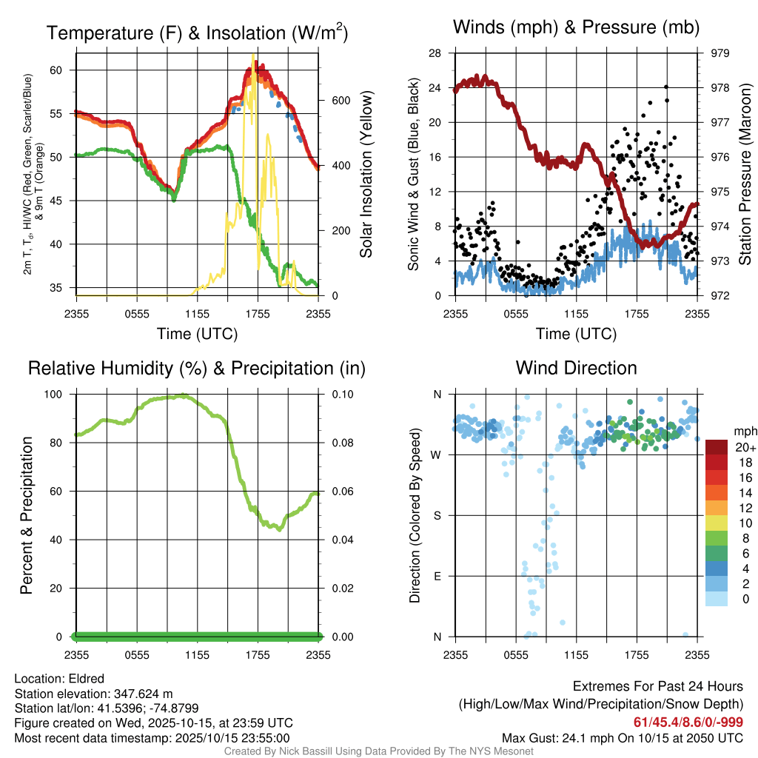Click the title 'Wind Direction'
tap(576, 368)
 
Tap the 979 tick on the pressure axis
tap(720, 53)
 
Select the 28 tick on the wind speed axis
tap(437, 53)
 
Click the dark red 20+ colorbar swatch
tap(717, 446)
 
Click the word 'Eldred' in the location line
tap(87, 679)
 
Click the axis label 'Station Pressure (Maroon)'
tap(745, 175)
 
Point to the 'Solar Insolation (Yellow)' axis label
tap(366, 175)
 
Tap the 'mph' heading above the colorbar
tap(743, 431)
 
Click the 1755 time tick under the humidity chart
tap(258, 654)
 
